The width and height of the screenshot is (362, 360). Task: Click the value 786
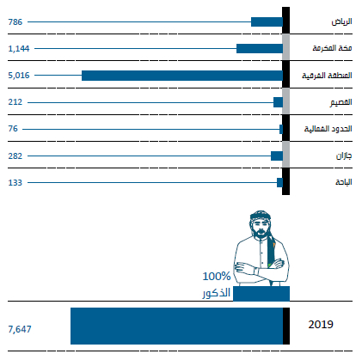point(15,22)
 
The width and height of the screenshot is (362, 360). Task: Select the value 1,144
point(19,49)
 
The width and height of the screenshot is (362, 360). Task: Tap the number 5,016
point(19,76)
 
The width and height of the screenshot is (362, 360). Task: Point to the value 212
point(15,102)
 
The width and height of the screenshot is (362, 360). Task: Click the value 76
point(13,129)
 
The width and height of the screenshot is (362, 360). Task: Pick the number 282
point(15,156)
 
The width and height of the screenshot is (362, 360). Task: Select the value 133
point(15,183)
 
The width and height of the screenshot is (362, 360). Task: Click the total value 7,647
point(20,329)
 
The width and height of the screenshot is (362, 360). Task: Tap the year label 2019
point(321,325)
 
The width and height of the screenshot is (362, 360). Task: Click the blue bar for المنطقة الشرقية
point(182,76)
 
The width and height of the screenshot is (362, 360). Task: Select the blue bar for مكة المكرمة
point(260,49)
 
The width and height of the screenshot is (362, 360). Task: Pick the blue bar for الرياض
point(267,22)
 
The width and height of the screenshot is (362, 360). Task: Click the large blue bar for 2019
point(176,326)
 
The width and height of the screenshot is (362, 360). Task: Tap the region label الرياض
point(342,21)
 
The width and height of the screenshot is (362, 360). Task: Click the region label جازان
point(344,156)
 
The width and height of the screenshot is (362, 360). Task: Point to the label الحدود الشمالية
point(328,129)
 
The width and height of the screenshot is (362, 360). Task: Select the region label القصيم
point(341,102)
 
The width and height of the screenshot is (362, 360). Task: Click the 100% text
point(217,277)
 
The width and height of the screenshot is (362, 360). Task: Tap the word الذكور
point(217,293)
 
